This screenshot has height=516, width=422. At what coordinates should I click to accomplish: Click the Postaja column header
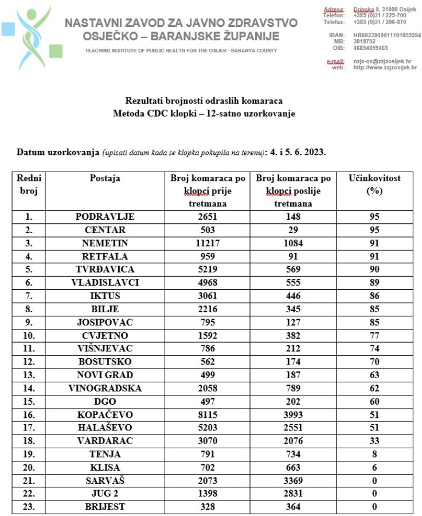tap(105, 179)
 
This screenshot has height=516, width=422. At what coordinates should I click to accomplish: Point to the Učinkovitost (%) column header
tap(374, 184)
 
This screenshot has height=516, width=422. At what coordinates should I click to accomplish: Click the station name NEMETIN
tap(105, 243)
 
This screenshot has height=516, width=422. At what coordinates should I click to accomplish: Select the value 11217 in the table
tap(207, 243)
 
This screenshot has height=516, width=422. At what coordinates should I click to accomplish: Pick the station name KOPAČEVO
tap(105, 414)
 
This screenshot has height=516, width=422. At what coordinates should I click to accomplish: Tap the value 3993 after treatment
tap(293, 414)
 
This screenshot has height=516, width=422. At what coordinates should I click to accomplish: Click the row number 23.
tap(28, 507)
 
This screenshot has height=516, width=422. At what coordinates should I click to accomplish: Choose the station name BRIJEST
tap(105, 507)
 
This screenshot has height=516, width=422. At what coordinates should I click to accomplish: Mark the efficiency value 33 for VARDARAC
tap(374, 441)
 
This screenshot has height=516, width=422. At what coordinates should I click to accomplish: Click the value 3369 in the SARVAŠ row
tap(293, 480)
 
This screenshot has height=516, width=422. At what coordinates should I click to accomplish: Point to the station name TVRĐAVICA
tap(105, 269)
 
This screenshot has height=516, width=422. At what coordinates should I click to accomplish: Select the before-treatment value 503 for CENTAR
tap(207, 230)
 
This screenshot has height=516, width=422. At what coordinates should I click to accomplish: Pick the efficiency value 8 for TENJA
tap(374, 454)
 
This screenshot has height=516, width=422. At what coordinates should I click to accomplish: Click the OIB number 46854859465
tap(370, 48)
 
